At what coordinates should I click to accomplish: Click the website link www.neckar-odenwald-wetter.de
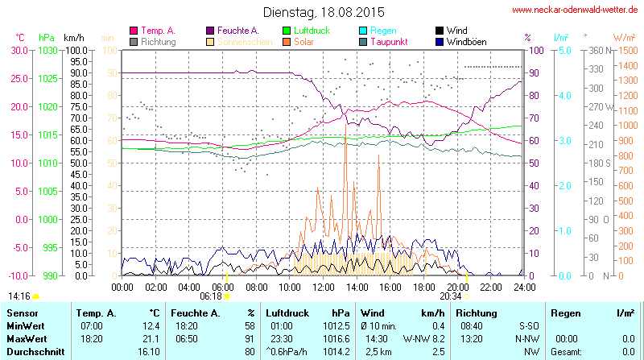574,10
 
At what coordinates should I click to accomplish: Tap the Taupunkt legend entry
390,41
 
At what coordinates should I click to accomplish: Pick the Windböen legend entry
466,41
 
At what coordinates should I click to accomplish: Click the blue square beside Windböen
439,41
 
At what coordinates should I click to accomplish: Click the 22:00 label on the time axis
491,286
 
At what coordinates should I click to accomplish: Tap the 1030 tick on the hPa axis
48,50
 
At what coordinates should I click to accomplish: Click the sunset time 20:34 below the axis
451,296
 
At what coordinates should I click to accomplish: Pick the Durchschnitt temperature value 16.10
148,351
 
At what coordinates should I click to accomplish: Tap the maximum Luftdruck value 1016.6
338,339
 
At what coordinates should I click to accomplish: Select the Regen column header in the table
563,312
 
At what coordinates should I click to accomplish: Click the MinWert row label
26,325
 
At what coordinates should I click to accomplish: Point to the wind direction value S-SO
511,325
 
